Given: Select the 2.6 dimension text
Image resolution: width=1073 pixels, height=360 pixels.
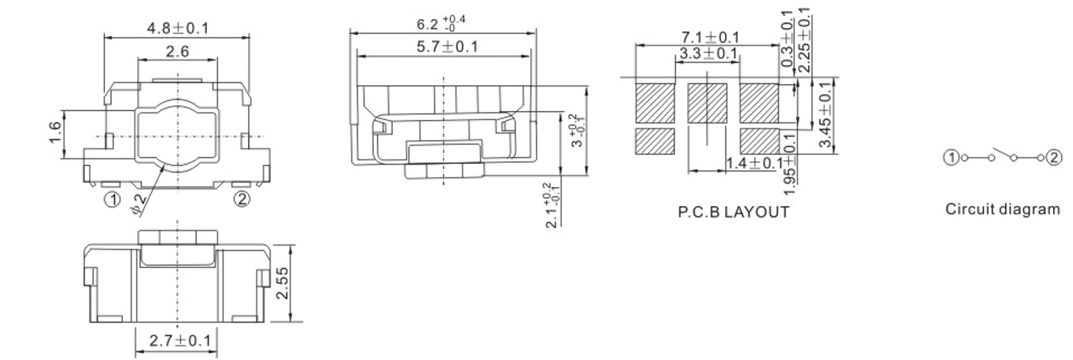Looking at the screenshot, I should [178, 52].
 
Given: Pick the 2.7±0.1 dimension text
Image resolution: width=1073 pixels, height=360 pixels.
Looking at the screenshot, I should [177, 340].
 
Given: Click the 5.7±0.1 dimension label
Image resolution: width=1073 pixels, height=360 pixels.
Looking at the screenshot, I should [444, 47].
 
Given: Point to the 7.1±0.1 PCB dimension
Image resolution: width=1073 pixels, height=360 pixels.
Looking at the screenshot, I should [710, 38].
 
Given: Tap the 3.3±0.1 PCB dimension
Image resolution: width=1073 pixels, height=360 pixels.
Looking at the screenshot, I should [708, 54].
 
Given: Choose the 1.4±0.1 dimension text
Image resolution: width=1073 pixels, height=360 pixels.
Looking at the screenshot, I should [755, 162].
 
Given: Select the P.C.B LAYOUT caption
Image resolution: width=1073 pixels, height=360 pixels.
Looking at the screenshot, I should [733, 212].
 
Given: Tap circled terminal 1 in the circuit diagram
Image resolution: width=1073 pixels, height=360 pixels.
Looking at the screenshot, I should [950, 158].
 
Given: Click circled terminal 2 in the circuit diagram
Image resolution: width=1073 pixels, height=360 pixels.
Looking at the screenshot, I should [1055, 158].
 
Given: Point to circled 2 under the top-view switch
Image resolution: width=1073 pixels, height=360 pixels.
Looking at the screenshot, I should [241, 199].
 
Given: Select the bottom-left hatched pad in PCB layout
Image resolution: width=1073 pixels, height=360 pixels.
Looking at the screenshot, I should [655, 141].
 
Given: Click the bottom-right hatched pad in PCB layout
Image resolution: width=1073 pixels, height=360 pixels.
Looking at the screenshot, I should [760, 141].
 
